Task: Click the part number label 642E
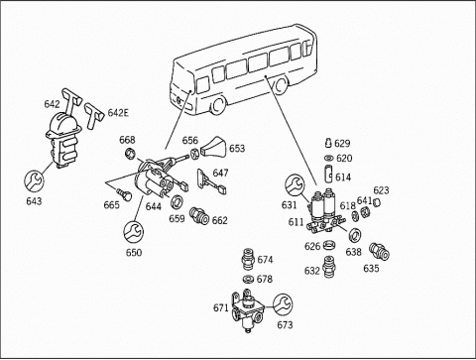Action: click(118, 113)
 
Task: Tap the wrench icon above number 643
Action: click(35, 181)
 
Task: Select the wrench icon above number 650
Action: click(134, 231)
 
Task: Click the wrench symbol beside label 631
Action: click(295, 185)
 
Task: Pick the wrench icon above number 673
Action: click(284, 303)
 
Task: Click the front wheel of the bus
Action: click(218, 105)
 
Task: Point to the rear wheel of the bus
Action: click(281, 85)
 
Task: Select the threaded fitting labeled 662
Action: click(200, 216)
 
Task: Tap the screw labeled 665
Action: click(124, 194)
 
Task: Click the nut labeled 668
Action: click(130, 153)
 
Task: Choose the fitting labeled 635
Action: click(379, 252)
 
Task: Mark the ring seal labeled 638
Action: click(355, 235)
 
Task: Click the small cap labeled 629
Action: click(329, 143)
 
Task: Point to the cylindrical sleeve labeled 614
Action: click(329, 174)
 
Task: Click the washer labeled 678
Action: click(248, 280)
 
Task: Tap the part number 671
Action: click(221, 308)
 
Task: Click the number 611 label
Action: click(296, 222)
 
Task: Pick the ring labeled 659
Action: click(177, 201)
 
